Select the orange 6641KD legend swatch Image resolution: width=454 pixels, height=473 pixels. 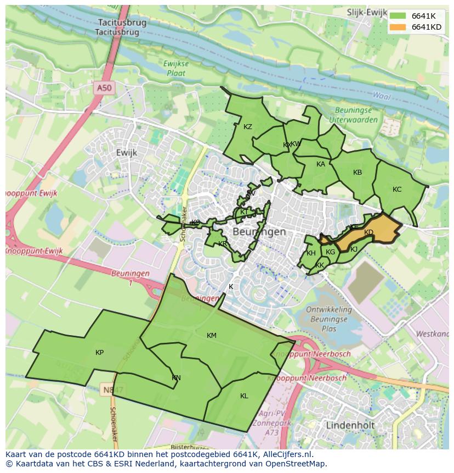pos(399,27)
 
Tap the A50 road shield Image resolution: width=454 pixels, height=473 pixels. pos(103,88)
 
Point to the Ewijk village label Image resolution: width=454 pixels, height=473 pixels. pos(127,152)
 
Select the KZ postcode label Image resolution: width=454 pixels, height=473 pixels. pos(248,127)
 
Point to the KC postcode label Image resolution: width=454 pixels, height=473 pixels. pos(397,190)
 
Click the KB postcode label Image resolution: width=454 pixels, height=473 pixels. pos(357,172)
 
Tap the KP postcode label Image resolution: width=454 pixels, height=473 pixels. pos(99,353)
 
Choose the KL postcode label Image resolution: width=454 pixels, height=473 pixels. pos(244,396)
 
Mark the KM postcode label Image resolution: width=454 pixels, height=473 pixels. pos(212,336)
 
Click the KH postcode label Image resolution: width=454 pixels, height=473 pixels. pos(311,253)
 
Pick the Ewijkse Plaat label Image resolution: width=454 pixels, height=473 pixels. pos(176,68)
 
